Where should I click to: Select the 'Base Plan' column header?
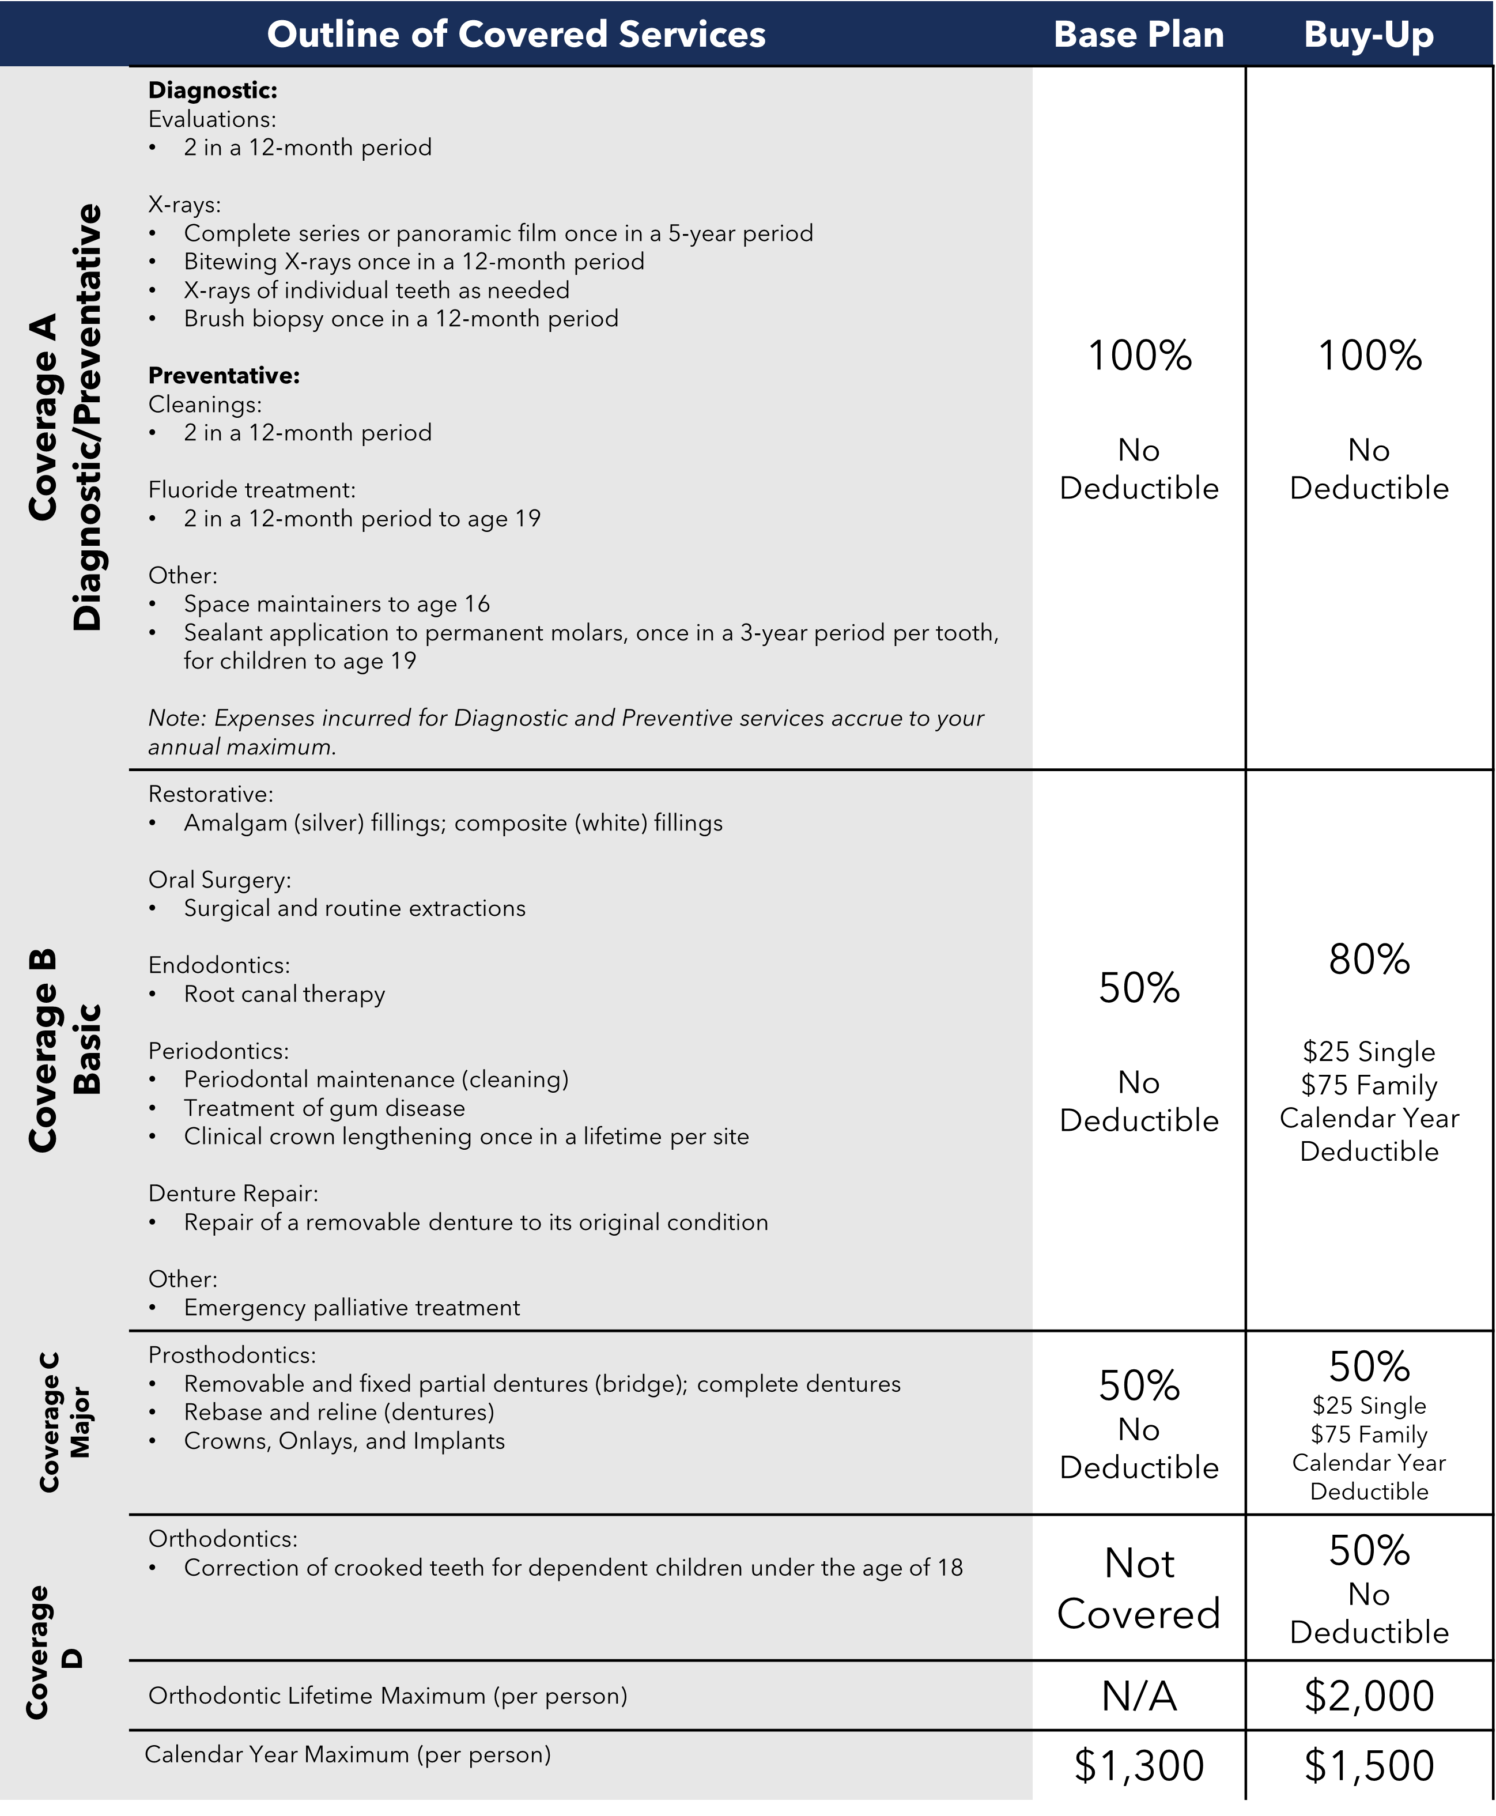1138,35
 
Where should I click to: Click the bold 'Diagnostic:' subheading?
213,90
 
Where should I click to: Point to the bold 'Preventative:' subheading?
224,376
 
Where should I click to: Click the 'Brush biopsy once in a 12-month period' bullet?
401,319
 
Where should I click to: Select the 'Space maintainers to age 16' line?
336,604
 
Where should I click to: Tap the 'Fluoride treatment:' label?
252,489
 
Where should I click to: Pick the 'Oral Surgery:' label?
220,880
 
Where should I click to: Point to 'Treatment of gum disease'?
324,1108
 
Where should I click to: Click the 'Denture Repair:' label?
233,1194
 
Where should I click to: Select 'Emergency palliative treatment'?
352,1308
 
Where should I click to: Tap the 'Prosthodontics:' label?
232,1356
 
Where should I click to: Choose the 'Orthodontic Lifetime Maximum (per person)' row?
388,1696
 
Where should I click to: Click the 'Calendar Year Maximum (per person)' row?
347,1755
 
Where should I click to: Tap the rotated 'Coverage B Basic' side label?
65,1051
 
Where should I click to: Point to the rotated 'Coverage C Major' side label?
65,1422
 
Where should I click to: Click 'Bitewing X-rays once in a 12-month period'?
414,262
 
